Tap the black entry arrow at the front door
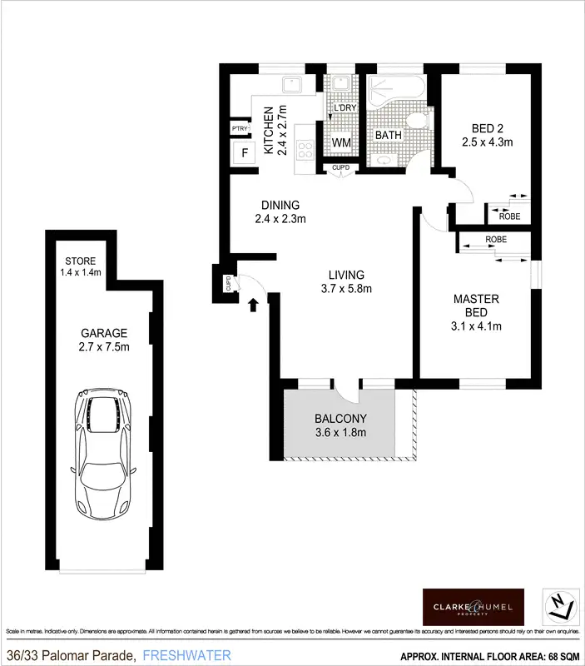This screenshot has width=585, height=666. click(x=253, y=306)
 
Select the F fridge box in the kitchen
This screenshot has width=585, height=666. click(x=244, y=152)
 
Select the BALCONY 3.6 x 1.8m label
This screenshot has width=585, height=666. click(x=340, y=425)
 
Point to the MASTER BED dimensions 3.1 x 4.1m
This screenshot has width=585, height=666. click(x=476, y=326)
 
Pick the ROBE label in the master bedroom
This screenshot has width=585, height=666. click(x=496, y=241)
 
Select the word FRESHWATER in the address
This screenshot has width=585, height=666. click(x=186, y=656)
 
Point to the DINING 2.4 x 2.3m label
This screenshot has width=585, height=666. click(x=280, y=212)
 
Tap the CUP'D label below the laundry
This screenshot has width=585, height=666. click(x=341, y=168)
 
